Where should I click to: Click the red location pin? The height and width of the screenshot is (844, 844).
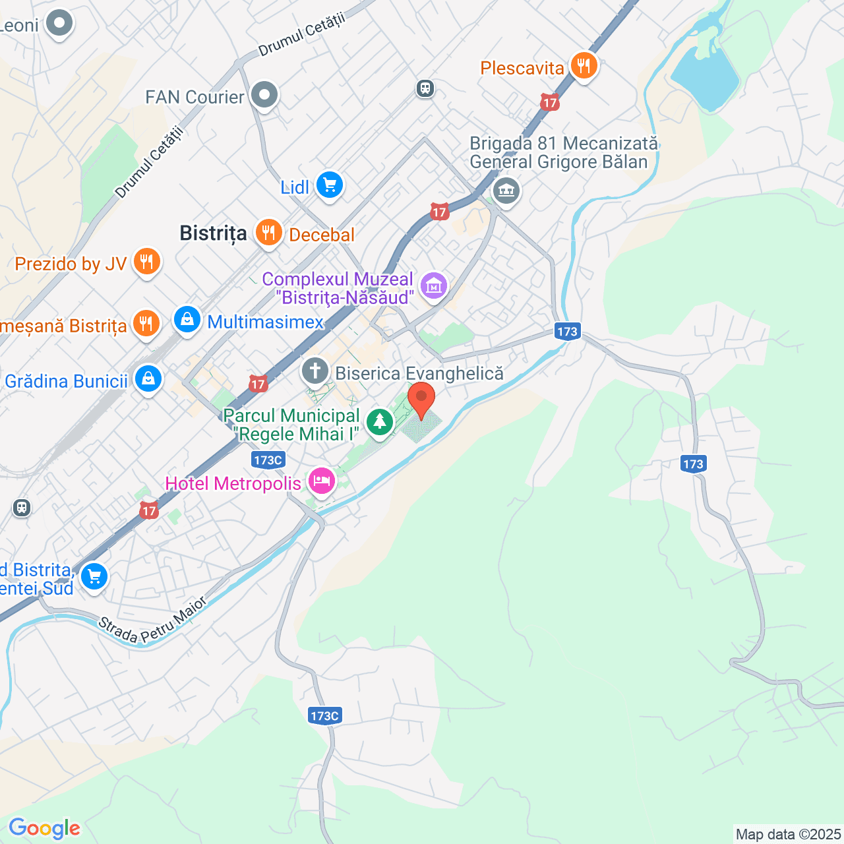421,400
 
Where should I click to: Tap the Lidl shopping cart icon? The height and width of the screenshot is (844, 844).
329,185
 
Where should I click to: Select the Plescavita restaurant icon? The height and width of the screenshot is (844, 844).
584,66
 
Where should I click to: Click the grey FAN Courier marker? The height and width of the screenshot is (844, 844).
264,96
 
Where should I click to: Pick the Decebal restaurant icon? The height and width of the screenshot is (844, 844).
268,233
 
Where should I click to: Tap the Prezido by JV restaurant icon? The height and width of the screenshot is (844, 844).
146,262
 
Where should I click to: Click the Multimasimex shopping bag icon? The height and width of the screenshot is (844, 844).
187,320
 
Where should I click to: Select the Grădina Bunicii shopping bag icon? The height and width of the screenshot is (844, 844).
148,379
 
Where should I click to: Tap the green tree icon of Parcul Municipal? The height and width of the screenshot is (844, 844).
379,422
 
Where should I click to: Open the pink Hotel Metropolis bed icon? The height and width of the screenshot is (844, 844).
321,481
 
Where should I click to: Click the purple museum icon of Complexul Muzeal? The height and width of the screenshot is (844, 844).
434,286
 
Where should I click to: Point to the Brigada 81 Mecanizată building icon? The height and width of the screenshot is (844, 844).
506,191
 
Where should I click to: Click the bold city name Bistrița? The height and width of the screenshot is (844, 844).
213,233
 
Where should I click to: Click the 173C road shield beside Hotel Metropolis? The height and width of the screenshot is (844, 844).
268,460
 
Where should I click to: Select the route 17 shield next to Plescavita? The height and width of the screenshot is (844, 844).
549,102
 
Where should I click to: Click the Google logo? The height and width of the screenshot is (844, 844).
44,828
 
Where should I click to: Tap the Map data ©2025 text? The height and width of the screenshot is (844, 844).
788,834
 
